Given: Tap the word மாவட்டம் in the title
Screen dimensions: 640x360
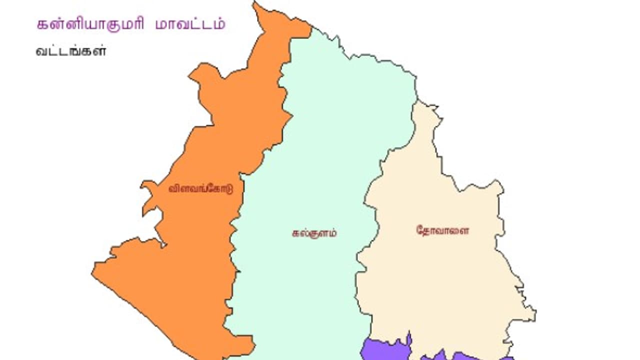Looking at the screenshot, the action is [x=190, y=24].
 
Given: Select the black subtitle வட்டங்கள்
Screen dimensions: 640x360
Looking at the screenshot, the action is [x=71, y=51].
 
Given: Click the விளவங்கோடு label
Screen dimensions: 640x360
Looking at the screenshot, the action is [x=200, y=189].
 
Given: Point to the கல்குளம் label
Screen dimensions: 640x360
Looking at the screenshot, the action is [x=314, y=232].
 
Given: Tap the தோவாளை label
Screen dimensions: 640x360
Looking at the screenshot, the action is [x=442, y=230].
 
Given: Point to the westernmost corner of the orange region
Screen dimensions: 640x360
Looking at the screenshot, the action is [x=93, y=273].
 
